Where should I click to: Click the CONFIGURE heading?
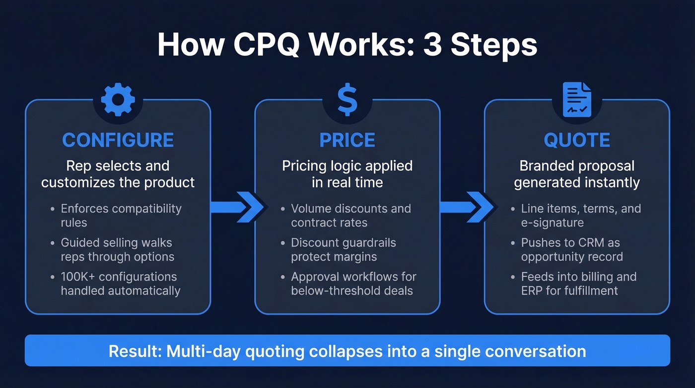[118, 141]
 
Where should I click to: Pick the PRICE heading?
[347, 141]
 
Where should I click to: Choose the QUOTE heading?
[577, 141]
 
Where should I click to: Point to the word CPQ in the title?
[270, 45]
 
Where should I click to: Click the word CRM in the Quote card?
[583, 243]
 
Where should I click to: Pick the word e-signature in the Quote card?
[553, 223]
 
